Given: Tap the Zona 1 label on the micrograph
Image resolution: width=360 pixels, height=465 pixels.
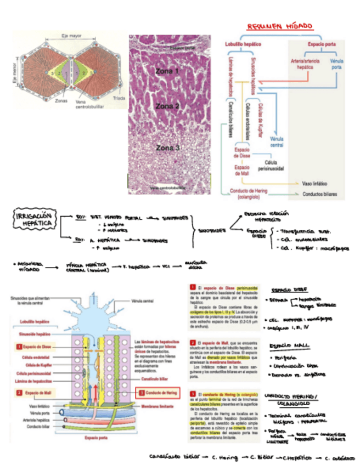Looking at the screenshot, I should tap(167, 71).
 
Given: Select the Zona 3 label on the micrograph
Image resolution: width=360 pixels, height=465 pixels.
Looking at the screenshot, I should tap(167, 148).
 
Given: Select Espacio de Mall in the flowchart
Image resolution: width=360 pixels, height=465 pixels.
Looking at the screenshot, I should tap(242, 171).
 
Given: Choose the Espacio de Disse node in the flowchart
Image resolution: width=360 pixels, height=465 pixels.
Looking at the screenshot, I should tap(242, 152).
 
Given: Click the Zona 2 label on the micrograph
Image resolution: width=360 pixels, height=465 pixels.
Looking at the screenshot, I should tap(167, 106).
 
